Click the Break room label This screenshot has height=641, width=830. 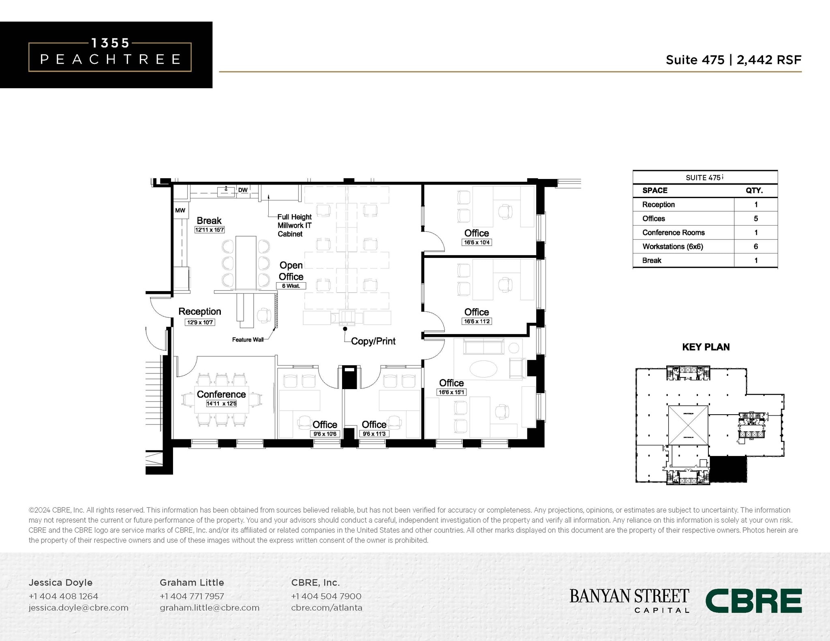[209, 221]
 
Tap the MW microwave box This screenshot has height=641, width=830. [180, 211]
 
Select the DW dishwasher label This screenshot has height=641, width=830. [243, 190]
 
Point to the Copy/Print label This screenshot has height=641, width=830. [373, 341]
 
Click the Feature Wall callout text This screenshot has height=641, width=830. [248, 340]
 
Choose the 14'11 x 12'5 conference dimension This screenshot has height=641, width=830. [221, 404]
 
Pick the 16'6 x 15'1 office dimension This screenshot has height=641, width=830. [451, 392]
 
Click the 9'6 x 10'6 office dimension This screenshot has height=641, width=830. [325, 434]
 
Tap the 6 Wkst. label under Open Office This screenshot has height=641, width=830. [291, 286]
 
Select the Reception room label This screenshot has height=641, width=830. [200, 311]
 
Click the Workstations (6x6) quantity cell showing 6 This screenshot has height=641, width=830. [755, 247]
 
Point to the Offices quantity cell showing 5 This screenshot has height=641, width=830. [755, 219]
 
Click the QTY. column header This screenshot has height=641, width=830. [754, 190]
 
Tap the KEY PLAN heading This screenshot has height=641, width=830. [706, 347]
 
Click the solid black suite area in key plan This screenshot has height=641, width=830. [728, 469]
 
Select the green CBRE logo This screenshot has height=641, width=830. [753, 601]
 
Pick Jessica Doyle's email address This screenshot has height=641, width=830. [78, 608]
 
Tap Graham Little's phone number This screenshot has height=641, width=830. [192, 596]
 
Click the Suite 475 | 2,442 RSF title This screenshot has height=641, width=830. [733, 60]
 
